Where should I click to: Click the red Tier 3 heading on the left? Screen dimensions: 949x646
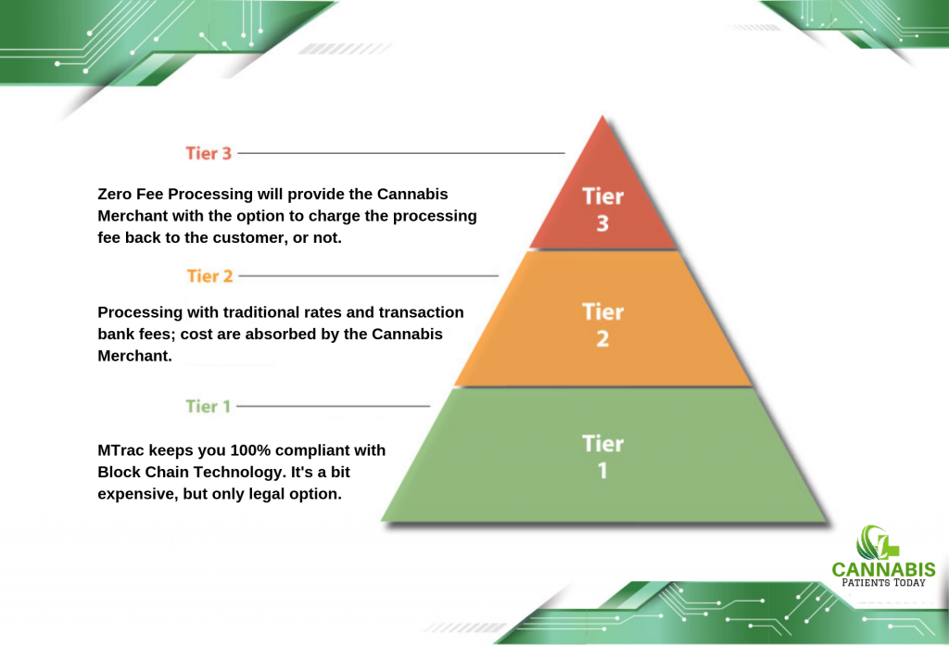click(209, 153)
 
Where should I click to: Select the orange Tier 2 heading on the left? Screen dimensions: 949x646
click(209, 276)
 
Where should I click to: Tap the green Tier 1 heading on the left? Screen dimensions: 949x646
click(209, 406)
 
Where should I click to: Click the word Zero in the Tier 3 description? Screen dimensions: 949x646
click(115, 194)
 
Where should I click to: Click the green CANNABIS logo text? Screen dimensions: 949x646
click(883, 570)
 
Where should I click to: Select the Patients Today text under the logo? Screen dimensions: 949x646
click(883, 582)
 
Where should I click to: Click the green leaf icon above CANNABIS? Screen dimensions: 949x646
click(877, 542)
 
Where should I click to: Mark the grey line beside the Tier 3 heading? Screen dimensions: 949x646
click(401, 153)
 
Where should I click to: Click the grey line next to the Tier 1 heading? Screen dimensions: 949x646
click(333, 406)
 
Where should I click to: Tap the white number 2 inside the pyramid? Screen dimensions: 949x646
click(602, 339)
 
